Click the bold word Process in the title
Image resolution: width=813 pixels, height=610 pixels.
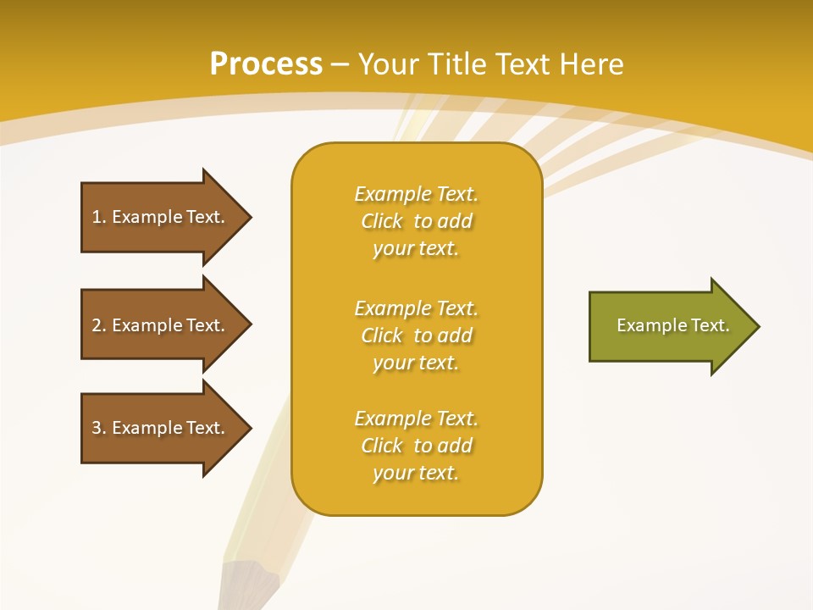click(266, 64)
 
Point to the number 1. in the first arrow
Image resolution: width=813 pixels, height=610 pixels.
click(99, 217)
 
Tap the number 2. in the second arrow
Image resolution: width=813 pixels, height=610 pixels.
click(99, 325)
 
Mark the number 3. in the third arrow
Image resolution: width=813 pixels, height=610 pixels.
click(99, 428)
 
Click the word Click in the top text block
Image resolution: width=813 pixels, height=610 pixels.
click(382, 221)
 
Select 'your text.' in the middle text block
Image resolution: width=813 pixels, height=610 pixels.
click(416, 363)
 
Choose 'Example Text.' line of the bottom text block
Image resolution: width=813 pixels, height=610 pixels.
click(416, 419)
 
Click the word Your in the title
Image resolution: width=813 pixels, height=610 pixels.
click(386, 64)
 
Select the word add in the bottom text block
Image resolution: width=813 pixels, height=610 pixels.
click(455, 446)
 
